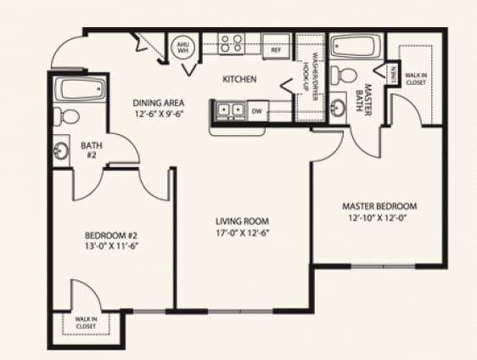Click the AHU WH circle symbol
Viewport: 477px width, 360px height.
[x=182, y=47]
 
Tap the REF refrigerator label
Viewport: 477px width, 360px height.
[x=276, y=50]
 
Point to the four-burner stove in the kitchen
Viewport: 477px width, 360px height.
[x=231, y=43]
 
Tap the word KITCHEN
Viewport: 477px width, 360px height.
[x=239, y=81]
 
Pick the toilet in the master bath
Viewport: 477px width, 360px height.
[x=342, y=74]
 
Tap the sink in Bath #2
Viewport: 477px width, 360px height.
[x=62, y=152]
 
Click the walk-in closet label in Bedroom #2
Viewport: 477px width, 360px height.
[x=86, y=322]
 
